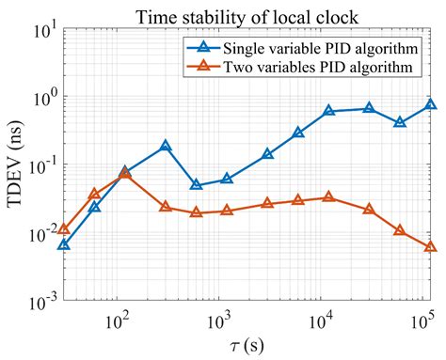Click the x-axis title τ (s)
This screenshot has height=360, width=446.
tap(247, 346)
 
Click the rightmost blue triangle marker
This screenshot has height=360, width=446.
tap(430, 104)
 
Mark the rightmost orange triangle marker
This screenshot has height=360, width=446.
tap(430, 246)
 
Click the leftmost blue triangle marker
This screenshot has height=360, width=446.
tap(63, 244)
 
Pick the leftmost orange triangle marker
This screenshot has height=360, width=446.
tap(63, 229)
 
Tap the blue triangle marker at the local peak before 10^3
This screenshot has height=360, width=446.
tap(166, 147)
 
